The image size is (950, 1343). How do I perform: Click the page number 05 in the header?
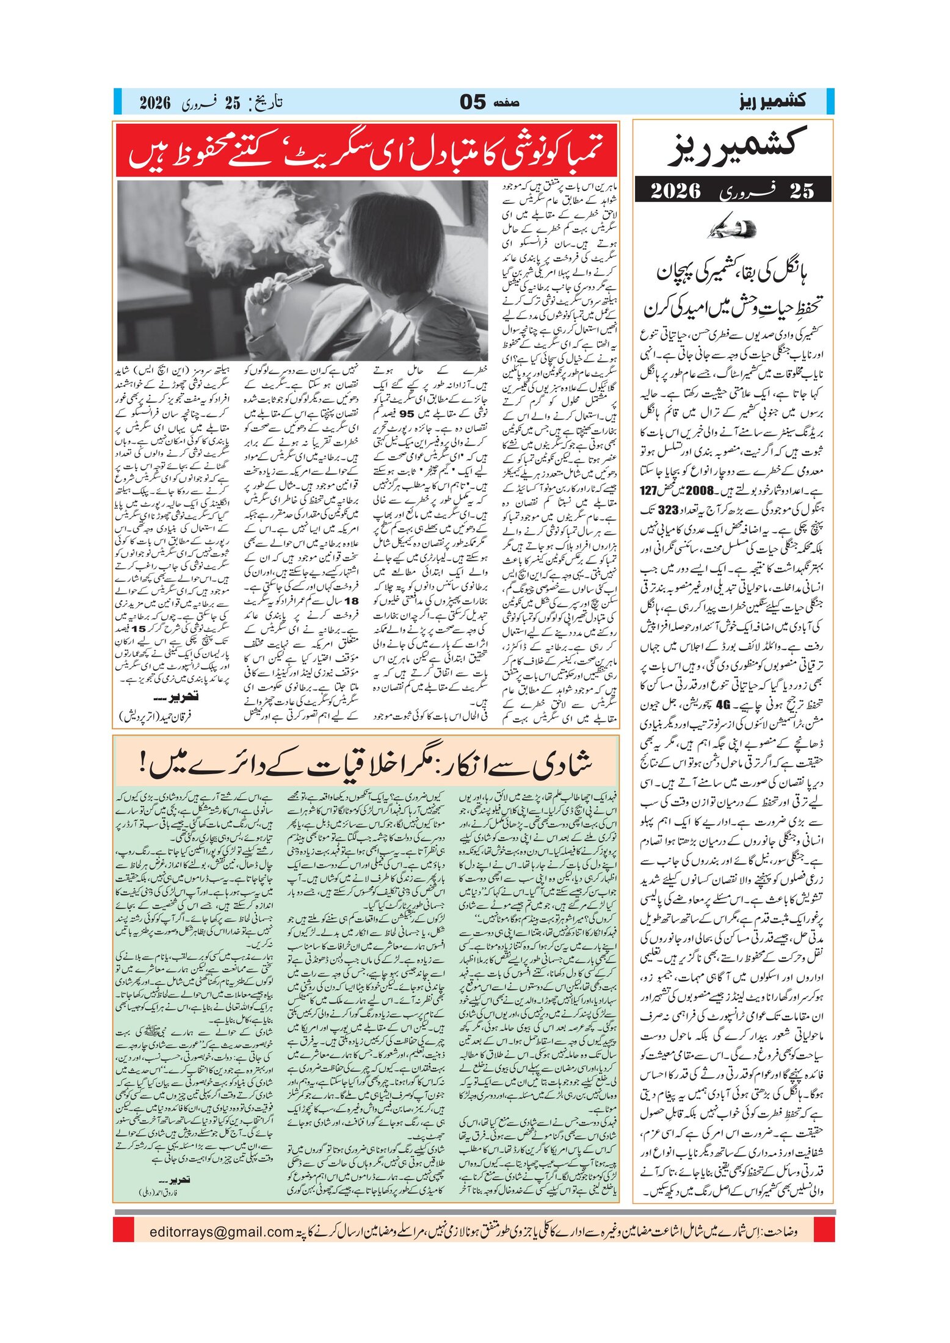(473, 102)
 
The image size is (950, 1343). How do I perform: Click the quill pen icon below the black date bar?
(732, 229)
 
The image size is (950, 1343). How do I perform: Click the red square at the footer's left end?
(123, 1229)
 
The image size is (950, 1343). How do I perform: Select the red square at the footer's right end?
(825, 1229)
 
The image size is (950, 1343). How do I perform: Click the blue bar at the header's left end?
(118, 101)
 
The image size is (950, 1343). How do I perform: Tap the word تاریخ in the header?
(266, 101)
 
